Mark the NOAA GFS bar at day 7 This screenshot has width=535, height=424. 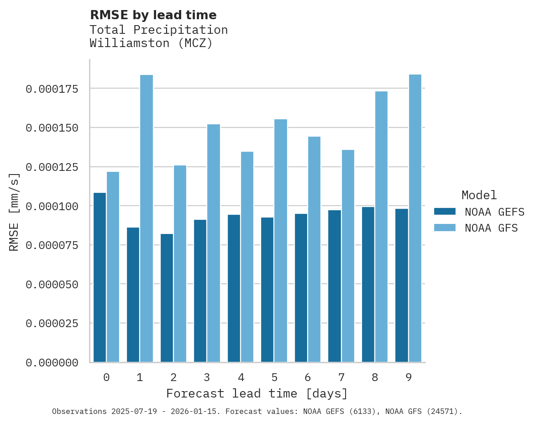pyautogui.click(x=348, y=256)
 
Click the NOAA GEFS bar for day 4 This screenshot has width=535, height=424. pyautogui.click(x=234, y=288)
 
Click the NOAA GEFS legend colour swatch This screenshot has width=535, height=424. pyautogui.click(x=445, y=212)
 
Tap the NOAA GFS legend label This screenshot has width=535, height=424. pyautogui.click(x=491, y=228)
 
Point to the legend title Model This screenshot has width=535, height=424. pyautogui.click(x=479, y=196)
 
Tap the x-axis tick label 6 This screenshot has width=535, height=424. pyautogui.click(x=308, y=377)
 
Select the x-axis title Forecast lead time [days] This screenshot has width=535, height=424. pyautogui.click(x=257, y=393)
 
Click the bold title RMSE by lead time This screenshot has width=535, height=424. pyautogui.click(x=153, y=15)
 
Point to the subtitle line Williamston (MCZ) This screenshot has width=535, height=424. pyautogui.click(x=151, y=43)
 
